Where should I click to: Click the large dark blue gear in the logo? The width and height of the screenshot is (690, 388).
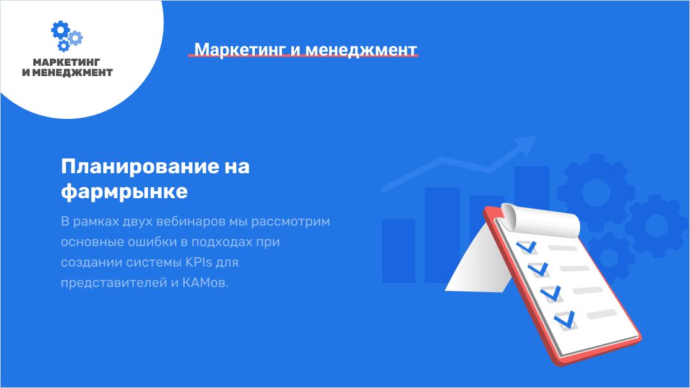point(60,29)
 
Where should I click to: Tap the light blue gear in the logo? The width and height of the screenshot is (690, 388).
point(75,38)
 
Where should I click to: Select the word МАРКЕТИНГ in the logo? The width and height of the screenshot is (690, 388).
point(66,62)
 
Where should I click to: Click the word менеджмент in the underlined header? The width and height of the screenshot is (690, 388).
point(361,50)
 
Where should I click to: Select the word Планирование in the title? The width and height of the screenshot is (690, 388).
point(140,166)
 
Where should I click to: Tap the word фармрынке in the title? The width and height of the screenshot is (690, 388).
point(125,192)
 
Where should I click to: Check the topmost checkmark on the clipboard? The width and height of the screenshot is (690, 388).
point(526,247)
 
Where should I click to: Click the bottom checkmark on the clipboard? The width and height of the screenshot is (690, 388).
point(565,320)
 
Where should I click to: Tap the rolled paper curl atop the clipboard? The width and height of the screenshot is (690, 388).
point(540,220)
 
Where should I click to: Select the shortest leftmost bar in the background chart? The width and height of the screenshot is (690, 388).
point(399,251)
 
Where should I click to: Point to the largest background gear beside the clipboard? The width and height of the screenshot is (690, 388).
point(596,192)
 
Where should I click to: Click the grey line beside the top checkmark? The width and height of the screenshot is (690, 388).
point(562,248)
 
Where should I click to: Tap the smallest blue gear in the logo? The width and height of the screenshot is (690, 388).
point(64,45)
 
